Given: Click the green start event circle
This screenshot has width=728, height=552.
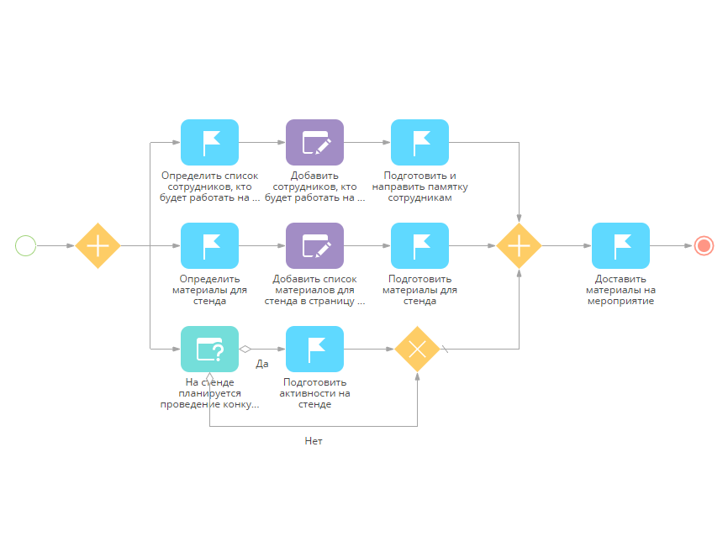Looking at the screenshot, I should pos(26,245).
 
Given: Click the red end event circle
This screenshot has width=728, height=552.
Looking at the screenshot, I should pos(704,245).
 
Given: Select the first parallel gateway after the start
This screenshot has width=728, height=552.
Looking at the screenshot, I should pos(98,245).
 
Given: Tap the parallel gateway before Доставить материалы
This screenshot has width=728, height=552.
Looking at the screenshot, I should pos(519,245).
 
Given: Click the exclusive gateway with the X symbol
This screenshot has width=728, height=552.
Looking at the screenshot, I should pos(418,349).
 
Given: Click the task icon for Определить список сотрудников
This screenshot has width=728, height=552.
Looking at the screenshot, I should pos(210,142).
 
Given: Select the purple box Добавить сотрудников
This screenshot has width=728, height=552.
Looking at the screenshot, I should pos(314,142).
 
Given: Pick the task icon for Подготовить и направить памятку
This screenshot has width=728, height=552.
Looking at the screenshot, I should pos(419,142).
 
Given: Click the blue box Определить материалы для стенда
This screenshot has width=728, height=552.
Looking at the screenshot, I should pos(210,245).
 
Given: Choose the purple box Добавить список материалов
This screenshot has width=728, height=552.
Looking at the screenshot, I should pos(314,245).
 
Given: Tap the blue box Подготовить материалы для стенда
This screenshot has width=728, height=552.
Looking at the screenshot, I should pos(419,245).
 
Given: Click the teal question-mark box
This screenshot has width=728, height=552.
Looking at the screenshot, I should pos(210,349).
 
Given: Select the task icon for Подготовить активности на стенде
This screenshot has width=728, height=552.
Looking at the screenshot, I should pos(314,349).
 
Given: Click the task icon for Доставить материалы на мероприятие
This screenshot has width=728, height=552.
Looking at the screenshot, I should pos(620,245).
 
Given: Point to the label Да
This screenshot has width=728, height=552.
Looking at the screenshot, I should pos(261,364).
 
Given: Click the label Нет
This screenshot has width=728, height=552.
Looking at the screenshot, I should pos(314,440).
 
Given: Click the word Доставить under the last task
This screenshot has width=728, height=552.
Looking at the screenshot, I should pos(620,278).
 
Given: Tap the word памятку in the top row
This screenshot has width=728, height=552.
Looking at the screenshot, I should pos(447,187).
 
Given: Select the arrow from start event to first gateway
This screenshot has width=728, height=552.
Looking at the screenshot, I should pos(56,245).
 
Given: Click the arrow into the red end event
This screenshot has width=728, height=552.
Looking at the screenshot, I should pos(672,245).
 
